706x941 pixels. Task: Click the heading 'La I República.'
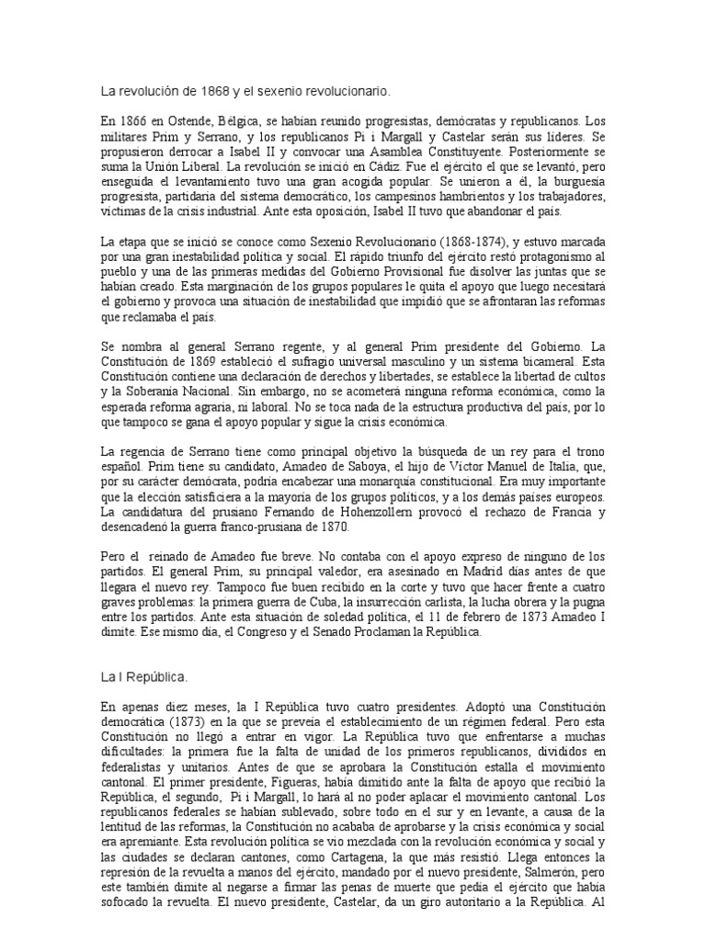143,677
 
